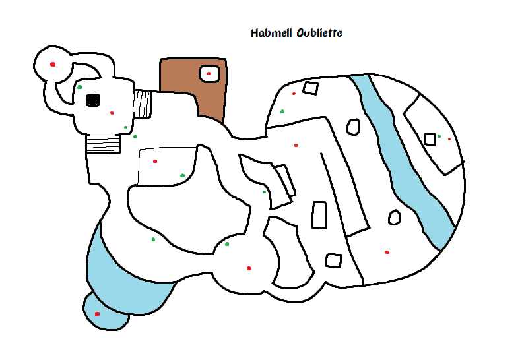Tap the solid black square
pyautogui.click(x=93, y=100)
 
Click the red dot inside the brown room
pyautogui.click(x=209, y=73)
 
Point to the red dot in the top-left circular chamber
pyautogui.click(x=53, y=64)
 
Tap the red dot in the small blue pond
pyautogui.click(x=97, y=314)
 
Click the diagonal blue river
pyautogui.click(x=403, y=158)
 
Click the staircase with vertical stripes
pyautogui.click(x=143, y=104)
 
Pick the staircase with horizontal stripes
pyautogui.click(x=104, y=142)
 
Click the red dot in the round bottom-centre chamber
pyautogui.click(x=249, y=268)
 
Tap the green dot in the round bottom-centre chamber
pyautogui.click(x=227, y=244)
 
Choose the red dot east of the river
pyautogui.click(x=449, y=139)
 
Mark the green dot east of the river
pyautogui.click(x=439, y=136)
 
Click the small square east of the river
pyautogui.click(x=430, y=138)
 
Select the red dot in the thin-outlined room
pyautogui.click(x=155, y=161)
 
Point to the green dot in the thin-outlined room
pyautogui.click(x=183, y=175)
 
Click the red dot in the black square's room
pyautogui.click(x=112, y=113)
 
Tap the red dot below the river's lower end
pyautogui.click(x=387, y=252)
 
